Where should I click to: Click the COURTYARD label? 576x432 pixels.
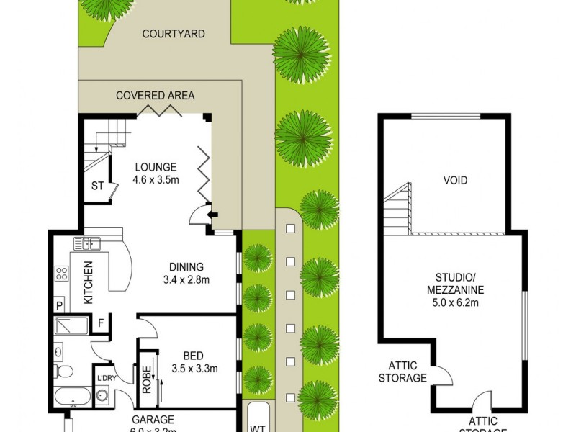pos(174,34)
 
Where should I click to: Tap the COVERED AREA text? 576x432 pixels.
pos(156,95)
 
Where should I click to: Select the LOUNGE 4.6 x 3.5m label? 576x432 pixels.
pos(154,174)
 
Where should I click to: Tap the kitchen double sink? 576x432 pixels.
pos(91,243)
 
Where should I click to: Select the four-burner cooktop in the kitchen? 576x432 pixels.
pos(61,274)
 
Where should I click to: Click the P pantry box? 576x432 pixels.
pos(59,306)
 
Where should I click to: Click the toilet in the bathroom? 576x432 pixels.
pos(63,372)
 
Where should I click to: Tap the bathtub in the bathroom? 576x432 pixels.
pos(72,397)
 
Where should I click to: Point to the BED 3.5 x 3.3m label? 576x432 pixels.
pos(193,362)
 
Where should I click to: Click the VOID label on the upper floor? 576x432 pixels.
pos(455,180)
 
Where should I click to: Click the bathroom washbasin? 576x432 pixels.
pos(58,353)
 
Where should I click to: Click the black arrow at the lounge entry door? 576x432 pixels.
pos(210,213)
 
